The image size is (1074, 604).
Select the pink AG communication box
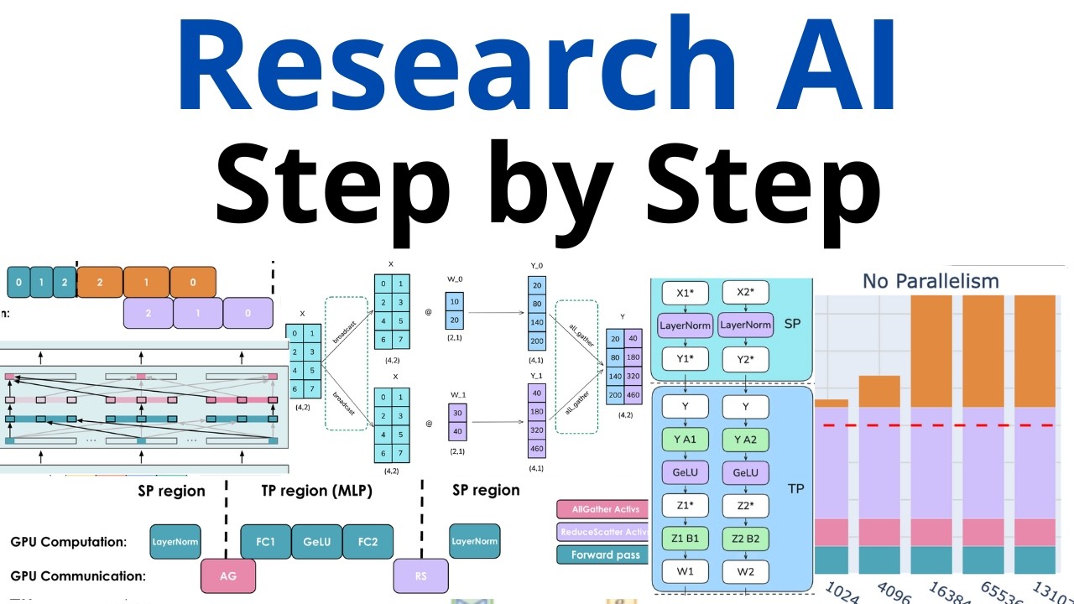point(228,575)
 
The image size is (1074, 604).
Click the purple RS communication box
point(421,575)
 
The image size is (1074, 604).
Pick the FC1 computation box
point(266,542)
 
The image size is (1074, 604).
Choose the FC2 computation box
point(368,542)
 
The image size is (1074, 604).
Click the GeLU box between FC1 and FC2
point(317,542)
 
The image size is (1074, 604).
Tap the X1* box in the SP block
point(686,294)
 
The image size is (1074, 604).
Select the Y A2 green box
point(745,440)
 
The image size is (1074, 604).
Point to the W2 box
point(745,572)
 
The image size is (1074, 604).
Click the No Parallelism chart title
point(931,281)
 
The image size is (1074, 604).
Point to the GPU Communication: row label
point(79,575)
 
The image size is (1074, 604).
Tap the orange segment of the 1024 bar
point(832,404)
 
